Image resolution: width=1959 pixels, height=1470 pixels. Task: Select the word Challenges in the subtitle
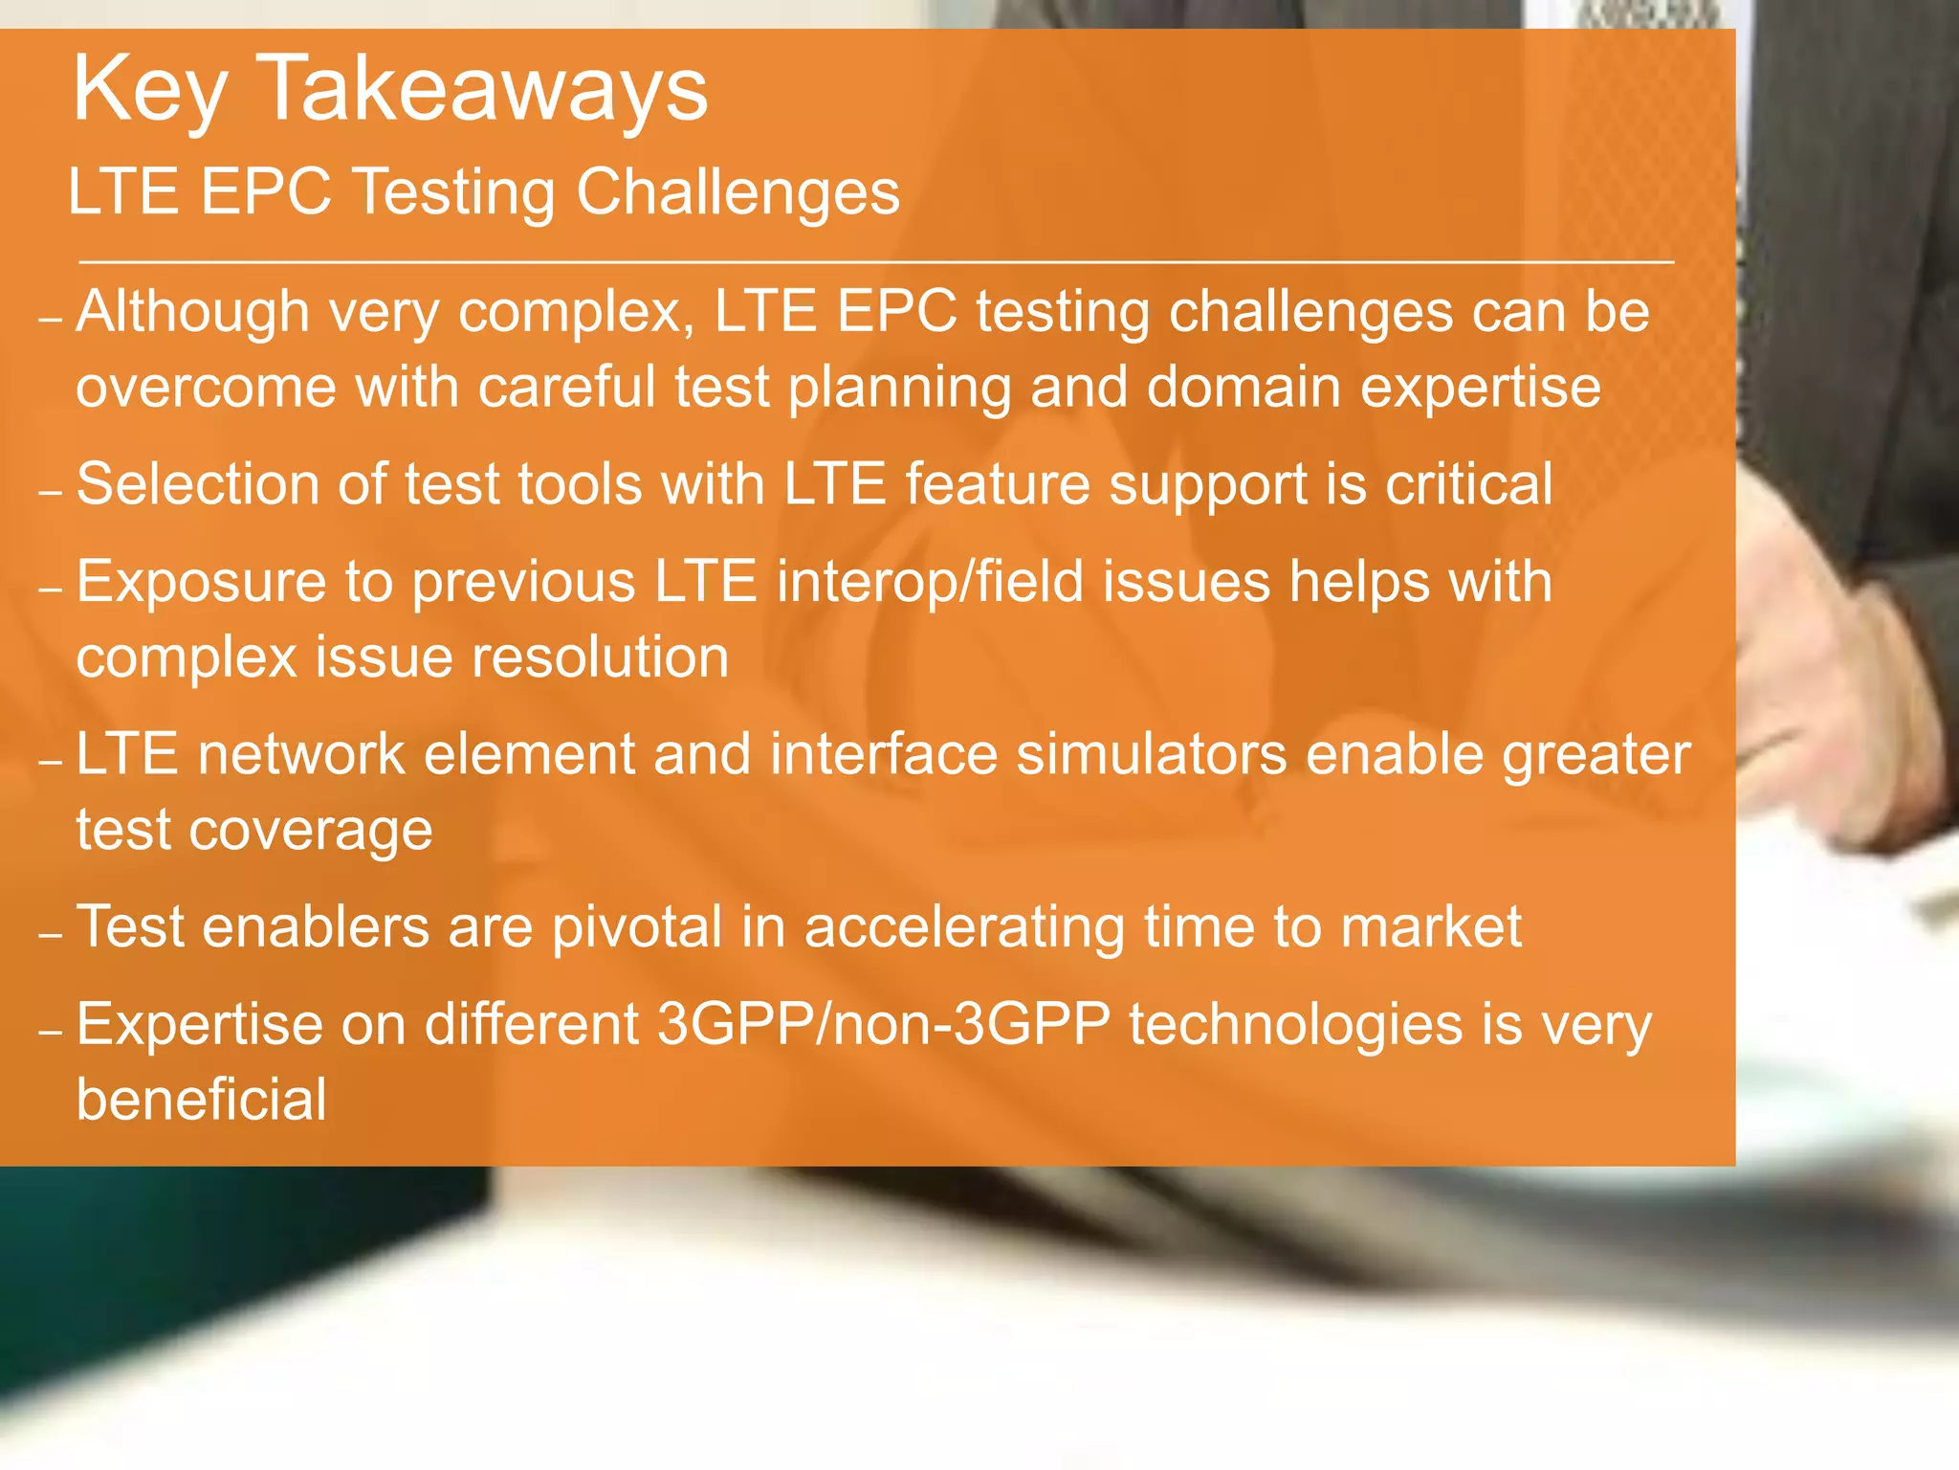(x=737, y=191)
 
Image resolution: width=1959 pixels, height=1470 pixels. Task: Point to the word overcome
(x=206, y=389)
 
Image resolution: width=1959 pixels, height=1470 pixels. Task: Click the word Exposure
(x=201, y=582)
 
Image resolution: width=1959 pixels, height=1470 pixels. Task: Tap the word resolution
(x=600, y=657)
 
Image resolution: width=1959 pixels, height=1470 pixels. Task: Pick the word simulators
(x=1152, y=754)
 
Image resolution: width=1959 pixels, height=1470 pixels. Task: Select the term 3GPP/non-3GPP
(x=884, y=1024)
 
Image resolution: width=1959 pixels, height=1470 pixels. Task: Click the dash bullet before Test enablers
(x=50, y=935)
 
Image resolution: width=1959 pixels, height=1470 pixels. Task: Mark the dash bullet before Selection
(x=50, y=493)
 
